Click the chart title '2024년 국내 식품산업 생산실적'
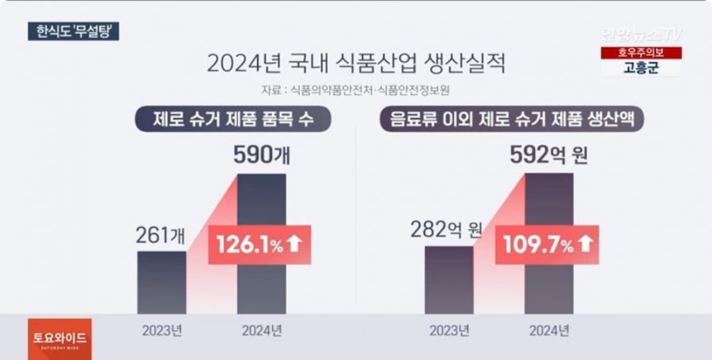pyautogui.click(x=356, y=63)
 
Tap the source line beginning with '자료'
pyautogui.click(x=355, y=89)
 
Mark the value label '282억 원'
pyautogui.click(x=447, y=230)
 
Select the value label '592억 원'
pyautogui.click(x=549, y=155)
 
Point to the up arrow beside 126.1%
pyautogui.click(x=294, y=244)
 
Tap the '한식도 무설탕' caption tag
pyautogui.click(x=71, y=32)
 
